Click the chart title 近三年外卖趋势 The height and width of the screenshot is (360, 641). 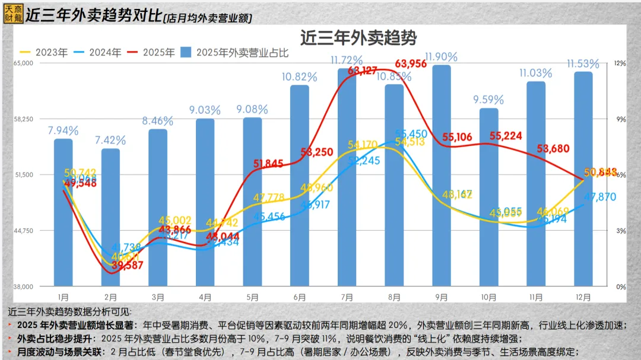tap(358, 38)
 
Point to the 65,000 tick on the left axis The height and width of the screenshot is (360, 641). tap(24, 63)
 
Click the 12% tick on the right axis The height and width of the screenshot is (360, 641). tap(620, 63)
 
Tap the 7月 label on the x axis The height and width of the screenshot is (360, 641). tap(347, 297)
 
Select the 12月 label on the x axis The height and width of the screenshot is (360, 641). tap(583, 297)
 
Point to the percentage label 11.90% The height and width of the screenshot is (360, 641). tap(441, 57)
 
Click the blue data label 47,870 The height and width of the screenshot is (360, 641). tap(599, 197)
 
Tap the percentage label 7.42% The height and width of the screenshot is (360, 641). tap(110, 141)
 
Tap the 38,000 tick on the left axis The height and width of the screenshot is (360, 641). tap(24, 286)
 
